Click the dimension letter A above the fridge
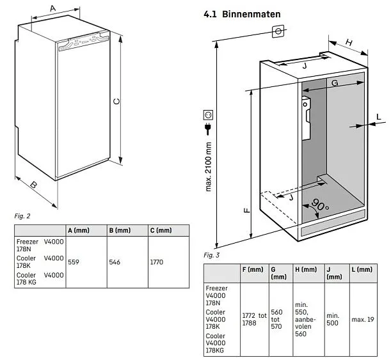coord(52,8)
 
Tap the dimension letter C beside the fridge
coord(116,102)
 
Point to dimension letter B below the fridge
coord(34,185)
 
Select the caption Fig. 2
coord(22,216)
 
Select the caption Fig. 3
coord(212,256)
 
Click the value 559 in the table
coord(74,262)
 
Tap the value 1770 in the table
coord(157,262)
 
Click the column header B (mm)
coord(120,230)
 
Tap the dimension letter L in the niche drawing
coord(379,116)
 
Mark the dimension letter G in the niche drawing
coord(335,84)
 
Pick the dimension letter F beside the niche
coord(246,208)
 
